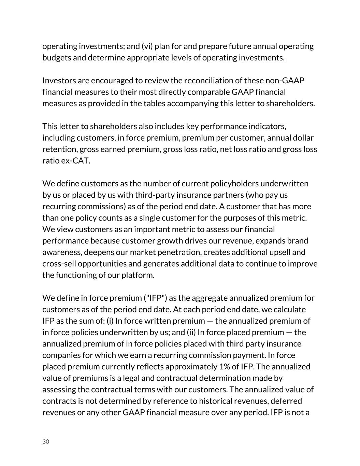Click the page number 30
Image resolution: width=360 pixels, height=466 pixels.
[x=46, y=442]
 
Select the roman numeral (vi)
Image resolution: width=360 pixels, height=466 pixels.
[x=147, y=46]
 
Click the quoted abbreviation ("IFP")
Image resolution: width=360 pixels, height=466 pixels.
[x=155, y=298]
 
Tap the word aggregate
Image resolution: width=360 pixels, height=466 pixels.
[x=209, y=298]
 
